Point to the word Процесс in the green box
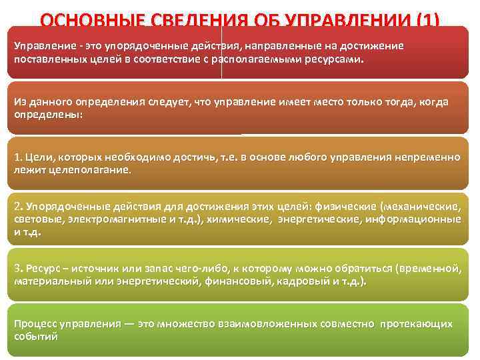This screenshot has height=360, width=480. click(x=39, y=324)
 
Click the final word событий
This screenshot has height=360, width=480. click(x=36, y=337)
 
